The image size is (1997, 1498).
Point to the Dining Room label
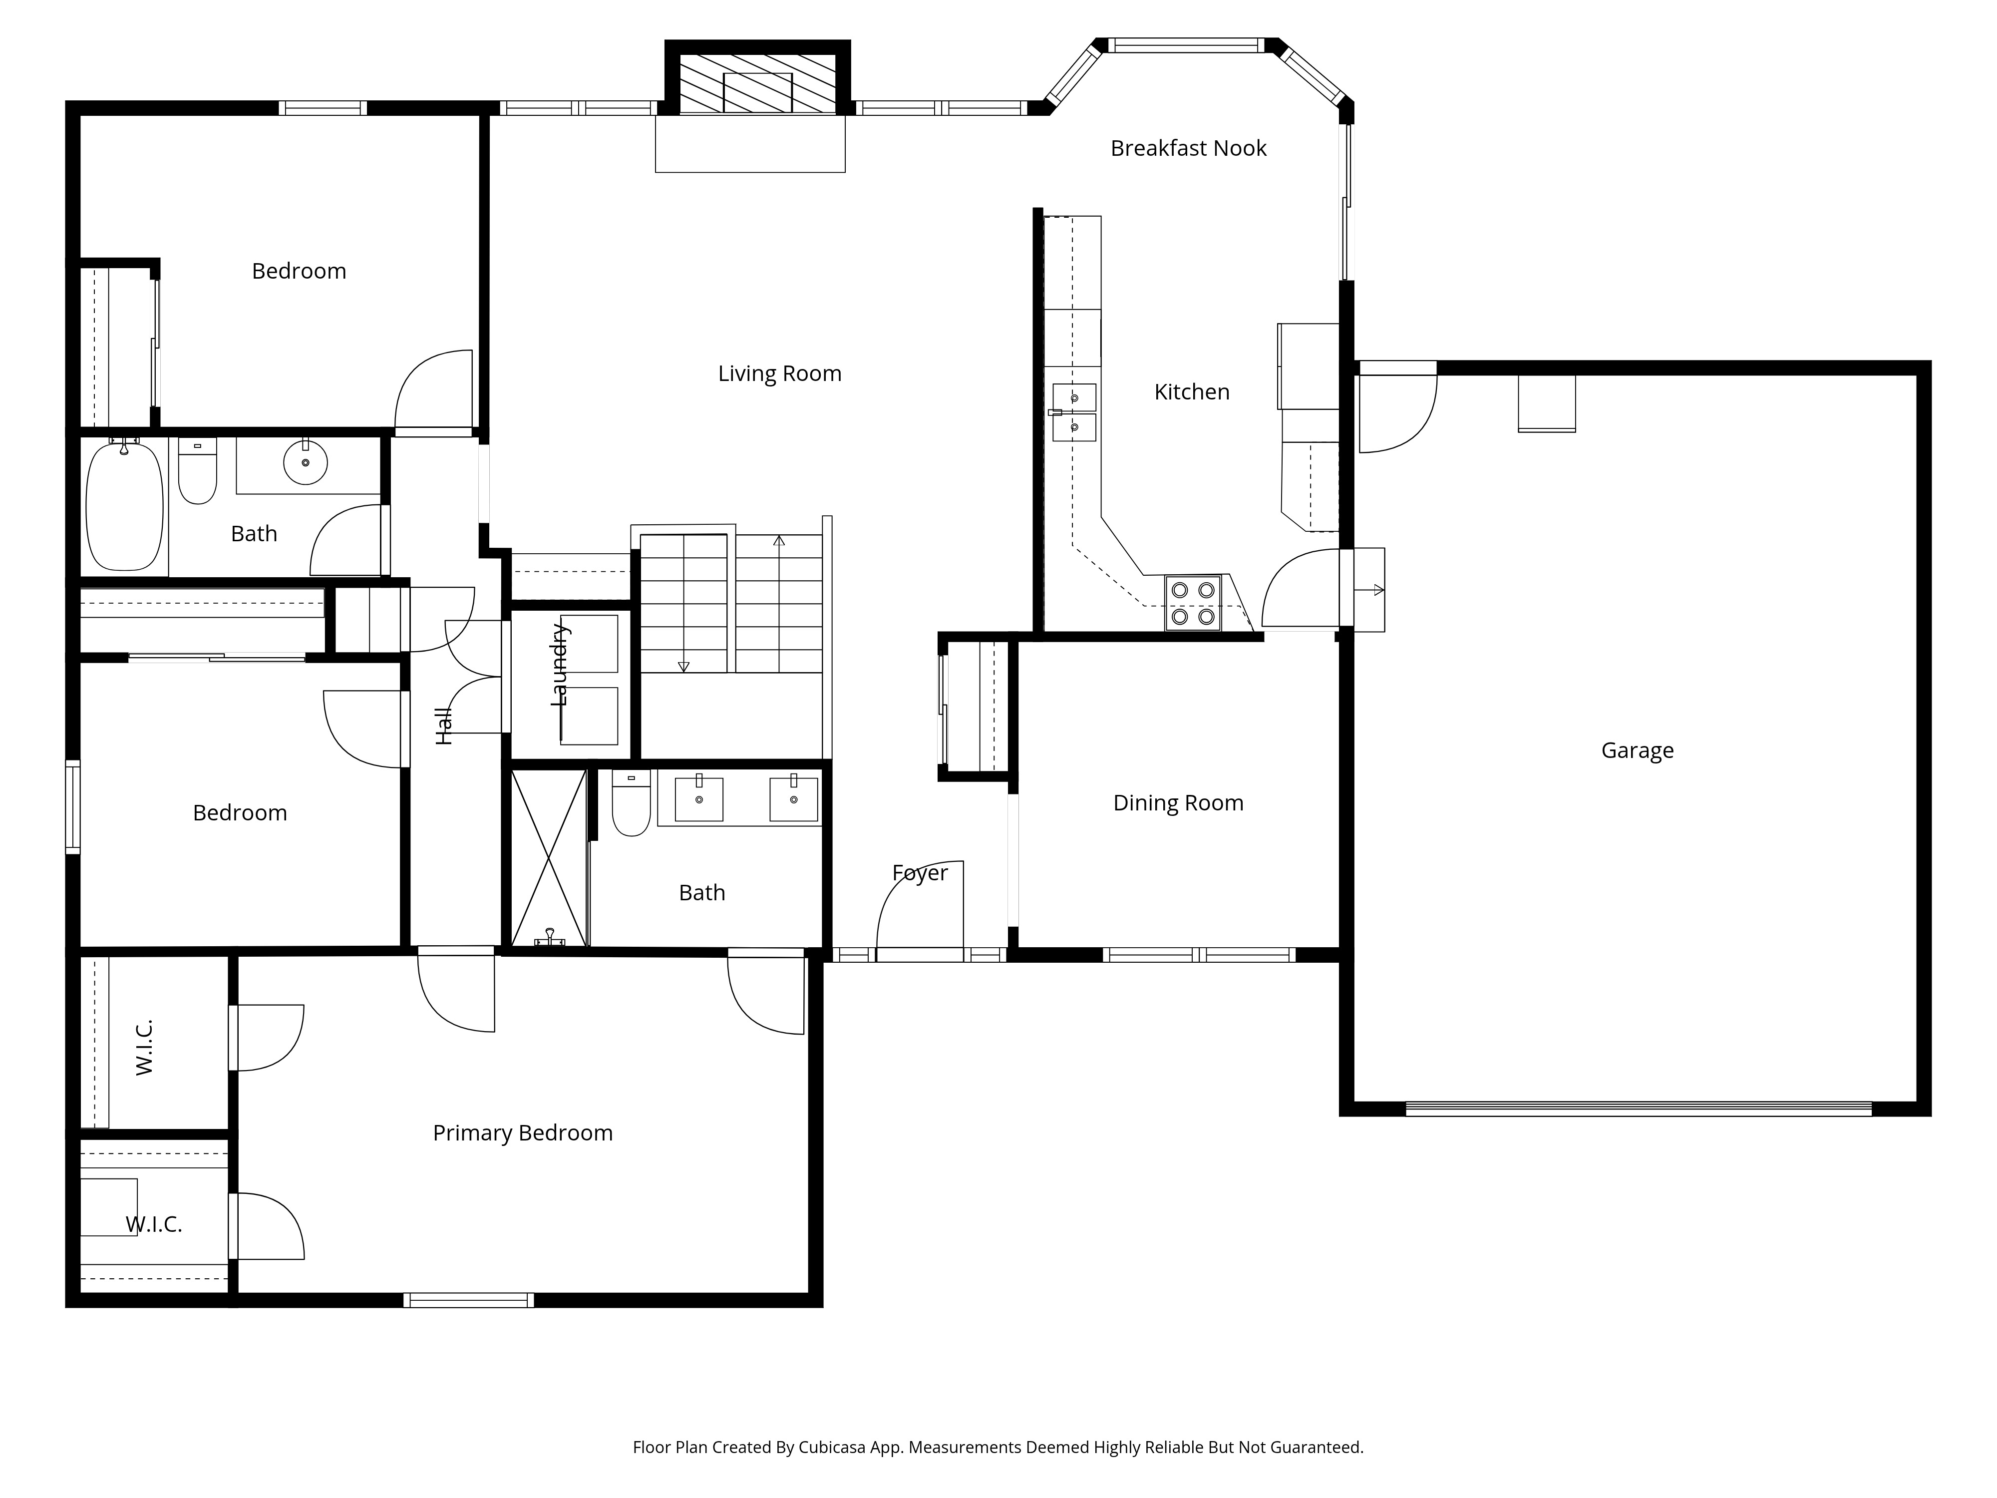1178,803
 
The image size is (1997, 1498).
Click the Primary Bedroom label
523,1133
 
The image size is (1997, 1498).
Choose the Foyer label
920,873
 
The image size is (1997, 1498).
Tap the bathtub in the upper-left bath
125,506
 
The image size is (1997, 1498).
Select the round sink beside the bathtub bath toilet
305,462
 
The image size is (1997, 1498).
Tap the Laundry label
560,665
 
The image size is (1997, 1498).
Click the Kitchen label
1192,392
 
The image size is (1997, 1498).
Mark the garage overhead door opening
1639,1109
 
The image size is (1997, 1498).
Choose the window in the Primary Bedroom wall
469,1300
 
